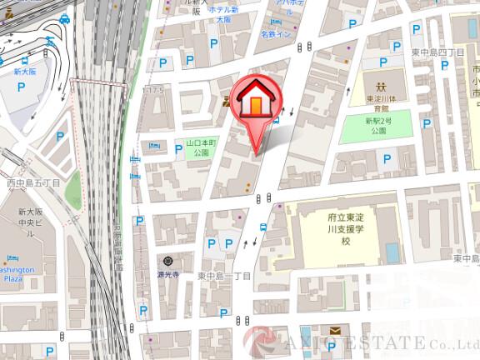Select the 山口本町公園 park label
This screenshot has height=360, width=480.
pos(201,147)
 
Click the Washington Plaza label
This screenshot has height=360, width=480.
pos(16,275)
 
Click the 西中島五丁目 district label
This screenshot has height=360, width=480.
pos(33,182)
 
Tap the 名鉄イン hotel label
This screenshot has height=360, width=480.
pos(275,35)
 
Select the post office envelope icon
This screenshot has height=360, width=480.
pos(334,331)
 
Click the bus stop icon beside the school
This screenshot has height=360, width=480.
pos(263,226)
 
